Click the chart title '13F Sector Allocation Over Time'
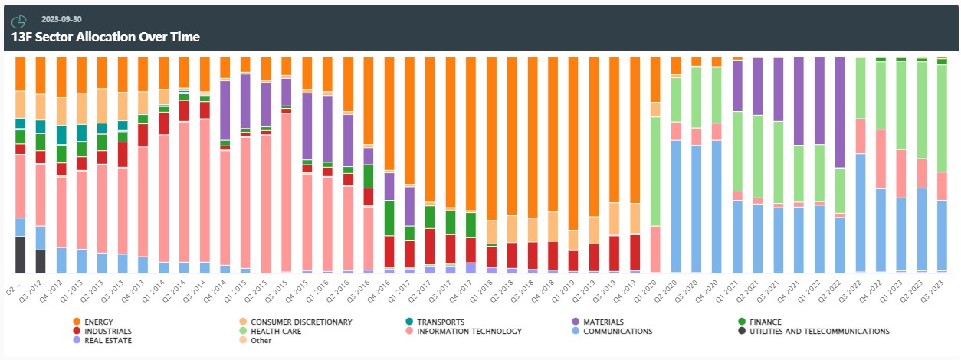(106, 37)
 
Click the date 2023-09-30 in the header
(62, 19)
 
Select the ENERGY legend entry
(100, 322)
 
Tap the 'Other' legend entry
(261, 340)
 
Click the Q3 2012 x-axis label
(35, 289)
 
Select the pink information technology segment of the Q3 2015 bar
(286, 191)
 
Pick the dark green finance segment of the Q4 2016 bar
(389, 218)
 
